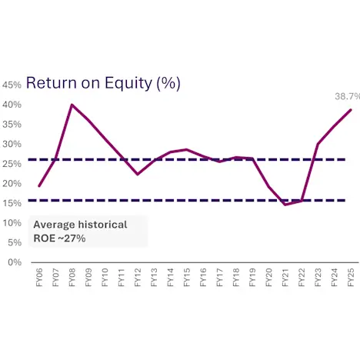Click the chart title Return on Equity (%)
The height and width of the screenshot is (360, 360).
[108, 82]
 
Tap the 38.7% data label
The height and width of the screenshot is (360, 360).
[347, 97]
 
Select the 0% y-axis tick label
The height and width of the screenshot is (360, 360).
[15, 262]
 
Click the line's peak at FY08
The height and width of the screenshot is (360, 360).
[72, 105]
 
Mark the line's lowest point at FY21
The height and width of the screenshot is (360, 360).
[285, 205]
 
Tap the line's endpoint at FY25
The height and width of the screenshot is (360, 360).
[351, 110]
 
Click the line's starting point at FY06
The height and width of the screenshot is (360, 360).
[38, 186]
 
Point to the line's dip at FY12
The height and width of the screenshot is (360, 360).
[137, 175]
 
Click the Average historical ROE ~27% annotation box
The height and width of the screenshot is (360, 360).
[86, 232]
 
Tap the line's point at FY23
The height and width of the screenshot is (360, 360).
[318, 144]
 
